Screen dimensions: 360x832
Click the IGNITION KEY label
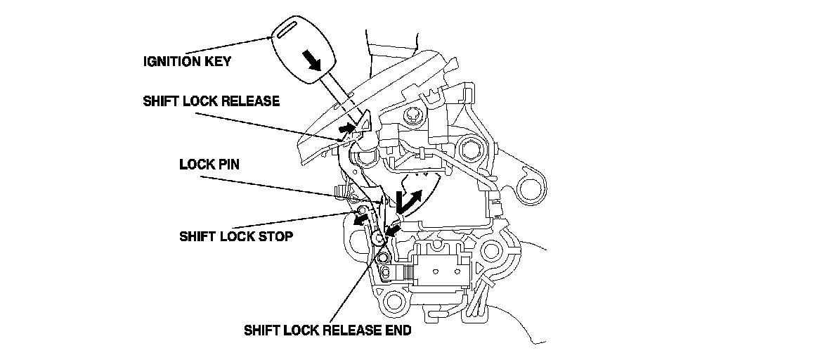tap(187, 61)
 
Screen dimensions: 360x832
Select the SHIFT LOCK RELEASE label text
tap(211, 101)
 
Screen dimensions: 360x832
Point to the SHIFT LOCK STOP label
tap(236, 236)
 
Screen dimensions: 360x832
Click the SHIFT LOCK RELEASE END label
tap(327, 330)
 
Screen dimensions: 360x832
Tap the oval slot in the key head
tap(287, 30)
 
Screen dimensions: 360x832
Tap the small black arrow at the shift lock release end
tap(392, 229)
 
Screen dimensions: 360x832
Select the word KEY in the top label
tap(219, 61)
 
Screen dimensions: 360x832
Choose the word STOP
tap(276, 236)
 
